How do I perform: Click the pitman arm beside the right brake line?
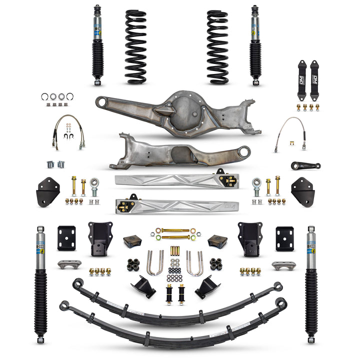tap(306, 165)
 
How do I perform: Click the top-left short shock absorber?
tap(97, 45)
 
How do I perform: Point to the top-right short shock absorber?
tap(255, 45)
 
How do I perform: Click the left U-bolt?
tap(155, 263)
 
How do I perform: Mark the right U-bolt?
tap(194, 263)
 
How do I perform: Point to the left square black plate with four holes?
tap(66, 238)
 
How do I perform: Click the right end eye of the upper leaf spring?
tap(277, 287)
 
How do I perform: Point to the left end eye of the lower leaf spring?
tap(64, 304)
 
